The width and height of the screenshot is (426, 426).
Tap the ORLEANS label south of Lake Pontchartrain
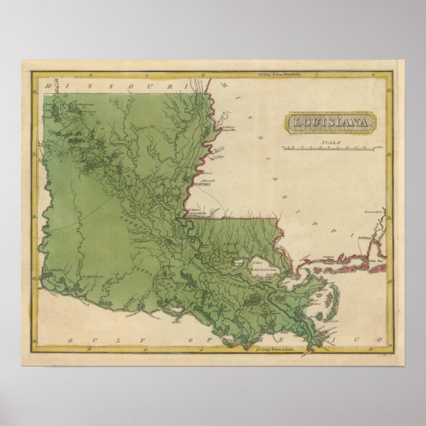(x=263, y=282)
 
